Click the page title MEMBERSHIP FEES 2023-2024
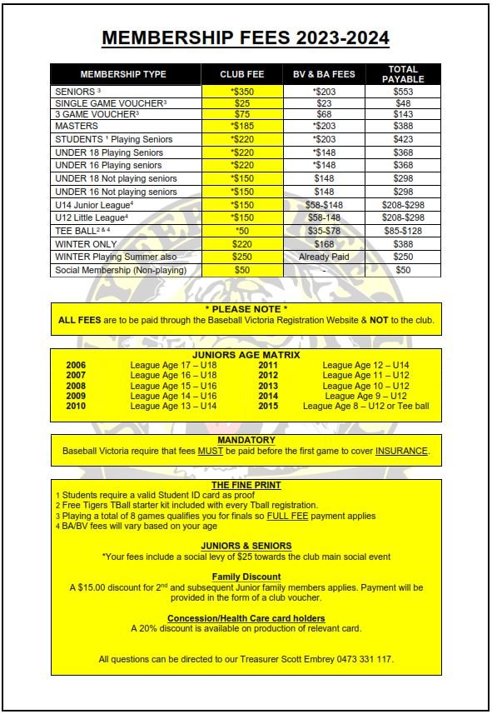click(246, 38)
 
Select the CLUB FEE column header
click(241, 74)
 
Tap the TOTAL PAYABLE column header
click(403, 74)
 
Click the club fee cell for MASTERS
click(241, 127)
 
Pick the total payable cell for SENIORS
click(403, 91)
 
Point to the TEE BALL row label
click(81, 231)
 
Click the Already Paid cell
click(323, 257)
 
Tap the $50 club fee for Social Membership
click(241, 271)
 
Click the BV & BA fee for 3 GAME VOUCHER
click(323, 114)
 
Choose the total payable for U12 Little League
click(403, 217)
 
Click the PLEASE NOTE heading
click(246, 309)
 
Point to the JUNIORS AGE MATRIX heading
click(246, 355)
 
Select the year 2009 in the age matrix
click(76, 396)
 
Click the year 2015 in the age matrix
click(268, 406)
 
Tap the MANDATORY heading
click(246, 440)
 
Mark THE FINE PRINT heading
click(246, 485)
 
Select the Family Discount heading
click(246, 577)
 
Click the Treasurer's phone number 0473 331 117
click(362, 659)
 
